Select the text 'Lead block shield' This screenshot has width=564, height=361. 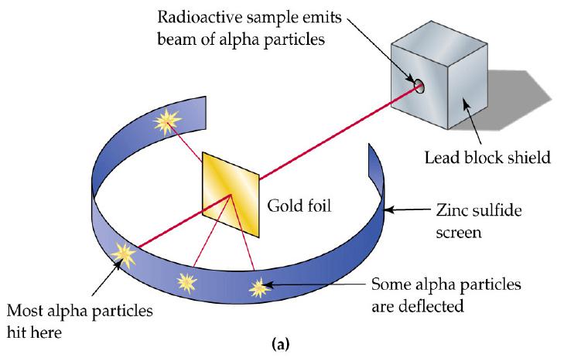click(488, 158)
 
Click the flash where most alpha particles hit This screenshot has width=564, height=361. click(121, 251)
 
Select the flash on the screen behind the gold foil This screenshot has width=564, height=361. click(165, 121)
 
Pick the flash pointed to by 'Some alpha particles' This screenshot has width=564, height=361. click(258, 288)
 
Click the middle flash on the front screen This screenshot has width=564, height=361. click(186, 280)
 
